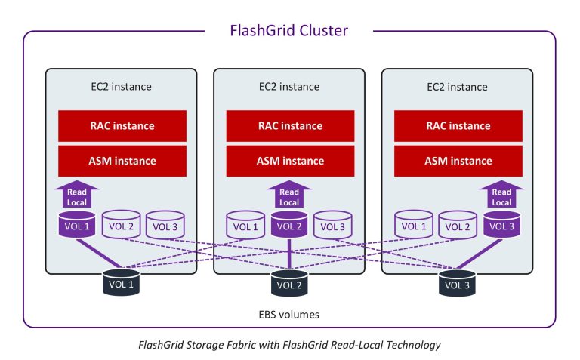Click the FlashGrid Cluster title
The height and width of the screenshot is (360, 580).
coord(289,31)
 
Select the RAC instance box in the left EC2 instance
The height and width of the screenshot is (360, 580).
coord(122,126)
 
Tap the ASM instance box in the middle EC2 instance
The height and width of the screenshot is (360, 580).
coord(290,161)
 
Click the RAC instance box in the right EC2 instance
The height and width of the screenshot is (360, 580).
coord(458,126)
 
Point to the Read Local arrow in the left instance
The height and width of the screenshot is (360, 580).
coord(77,195)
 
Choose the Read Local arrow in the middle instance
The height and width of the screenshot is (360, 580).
coord(289,195)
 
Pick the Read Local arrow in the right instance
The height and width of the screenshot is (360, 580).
coord(501,195)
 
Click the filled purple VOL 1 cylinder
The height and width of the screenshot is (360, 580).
coord(77,224)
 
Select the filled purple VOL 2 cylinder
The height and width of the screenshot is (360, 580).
coord(289,224)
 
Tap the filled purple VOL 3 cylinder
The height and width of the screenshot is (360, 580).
coord(501,224)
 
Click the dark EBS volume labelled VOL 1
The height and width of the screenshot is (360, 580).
coord(121,283)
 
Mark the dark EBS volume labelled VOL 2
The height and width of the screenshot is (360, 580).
coord(289,283)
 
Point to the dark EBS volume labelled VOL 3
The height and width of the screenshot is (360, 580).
coord(457,283)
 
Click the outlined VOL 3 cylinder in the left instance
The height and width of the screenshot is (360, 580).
coord(165,225)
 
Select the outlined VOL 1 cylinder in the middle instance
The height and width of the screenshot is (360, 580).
coord(245,225)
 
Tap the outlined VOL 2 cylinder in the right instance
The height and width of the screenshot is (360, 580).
coord(458,225)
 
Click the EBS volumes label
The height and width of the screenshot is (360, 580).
coord(289,315)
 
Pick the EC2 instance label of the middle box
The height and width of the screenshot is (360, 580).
coord(289,87)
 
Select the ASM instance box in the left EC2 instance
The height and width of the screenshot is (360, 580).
coord(122,161)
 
